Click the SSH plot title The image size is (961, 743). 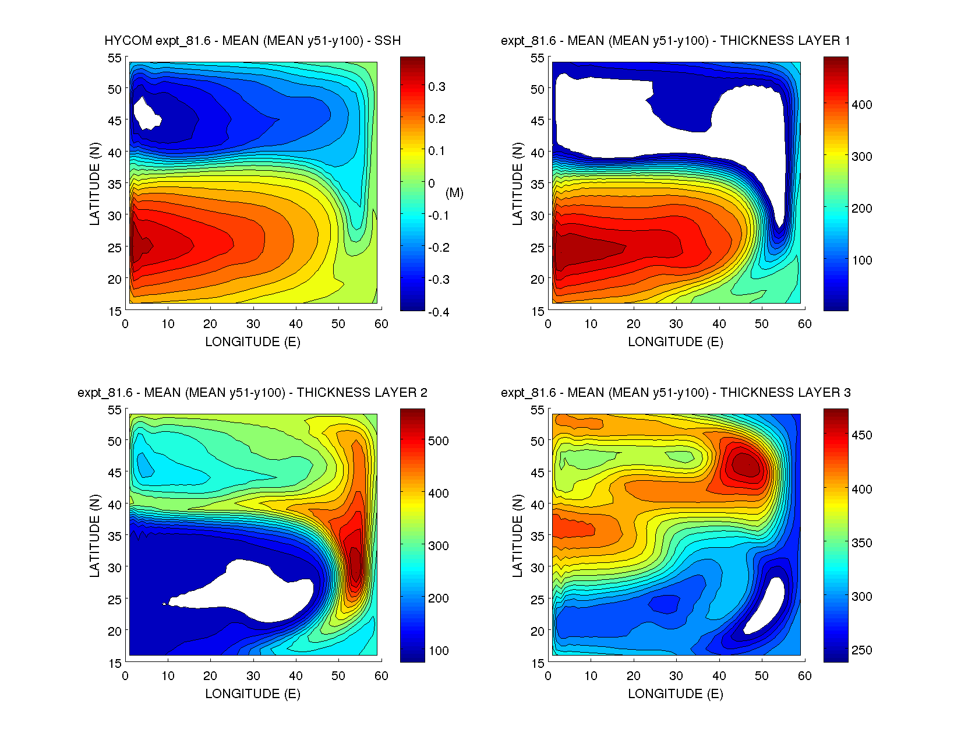click(252, 41)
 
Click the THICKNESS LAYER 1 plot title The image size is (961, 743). click(675, 41)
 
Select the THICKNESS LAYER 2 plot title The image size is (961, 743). click(252, 393)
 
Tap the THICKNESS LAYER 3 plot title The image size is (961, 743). click(675, 393)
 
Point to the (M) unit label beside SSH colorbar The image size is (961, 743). click(454, 193)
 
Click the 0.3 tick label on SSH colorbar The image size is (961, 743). click(437, 87)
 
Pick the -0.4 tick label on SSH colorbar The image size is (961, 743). click(439, 312)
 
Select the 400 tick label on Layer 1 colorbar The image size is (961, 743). click(862, 105)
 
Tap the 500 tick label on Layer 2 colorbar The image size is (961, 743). click(439, 441)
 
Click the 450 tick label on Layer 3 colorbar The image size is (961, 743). click(862, 435)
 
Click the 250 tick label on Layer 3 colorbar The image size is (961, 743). click(862, 650)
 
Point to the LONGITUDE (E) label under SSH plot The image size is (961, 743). click(252, 342)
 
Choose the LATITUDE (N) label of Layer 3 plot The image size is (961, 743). click(517, 536)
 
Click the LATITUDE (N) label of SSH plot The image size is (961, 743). click(94, 184)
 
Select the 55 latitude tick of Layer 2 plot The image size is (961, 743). click(114, 410)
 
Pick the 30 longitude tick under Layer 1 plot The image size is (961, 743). click(676, 324)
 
